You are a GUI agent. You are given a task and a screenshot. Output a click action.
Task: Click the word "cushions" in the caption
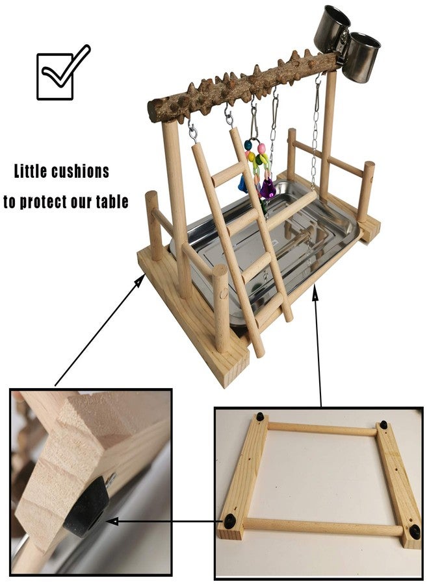(x=81, y=172)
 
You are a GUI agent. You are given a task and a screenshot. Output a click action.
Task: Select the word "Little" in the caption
(x=32, y=172)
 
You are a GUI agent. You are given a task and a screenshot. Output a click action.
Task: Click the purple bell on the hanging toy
(x=267, y=189)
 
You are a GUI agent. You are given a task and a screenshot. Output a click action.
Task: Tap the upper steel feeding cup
(x=330, y=28)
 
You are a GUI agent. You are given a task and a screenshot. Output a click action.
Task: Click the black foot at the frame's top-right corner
(x=383, y=424)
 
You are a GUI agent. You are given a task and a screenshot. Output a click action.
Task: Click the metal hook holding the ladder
(x=229, y=118)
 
